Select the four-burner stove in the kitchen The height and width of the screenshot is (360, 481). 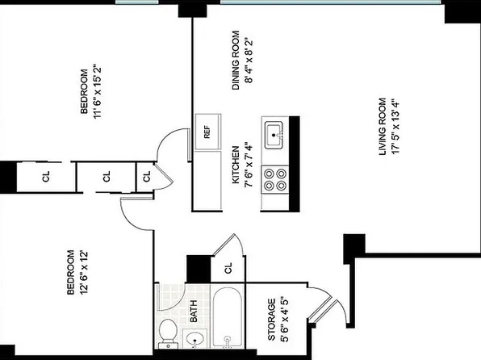pos(275,178)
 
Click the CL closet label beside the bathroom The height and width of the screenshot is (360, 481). pos(228,268)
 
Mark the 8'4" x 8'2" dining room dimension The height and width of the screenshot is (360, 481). pos(249,60)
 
